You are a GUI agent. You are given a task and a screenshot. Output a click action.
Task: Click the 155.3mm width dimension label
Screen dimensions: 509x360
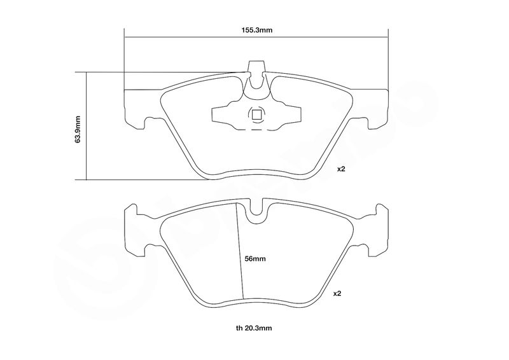[256, 31]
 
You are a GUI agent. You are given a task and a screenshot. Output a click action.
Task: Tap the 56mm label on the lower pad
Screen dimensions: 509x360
[255, 259]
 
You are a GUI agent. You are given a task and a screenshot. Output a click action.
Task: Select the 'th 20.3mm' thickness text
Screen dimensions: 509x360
[254, 328]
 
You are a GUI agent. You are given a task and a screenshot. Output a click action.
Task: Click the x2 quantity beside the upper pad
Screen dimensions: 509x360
[341, 169]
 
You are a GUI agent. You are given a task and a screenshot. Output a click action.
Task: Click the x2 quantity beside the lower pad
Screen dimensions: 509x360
[337, 293]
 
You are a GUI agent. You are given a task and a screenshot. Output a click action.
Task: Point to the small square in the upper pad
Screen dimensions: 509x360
[256, 114]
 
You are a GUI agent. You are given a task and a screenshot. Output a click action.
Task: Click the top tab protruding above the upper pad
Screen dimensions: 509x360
[256, 67]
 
